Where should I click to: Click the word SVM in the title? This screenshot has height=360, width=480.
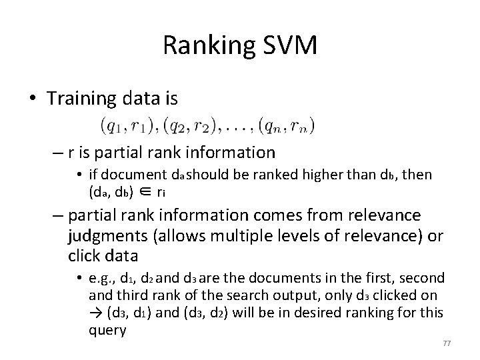tap(289, 46)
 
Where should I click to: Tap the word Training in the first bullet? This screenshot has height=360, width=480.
tap(81, 99)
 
